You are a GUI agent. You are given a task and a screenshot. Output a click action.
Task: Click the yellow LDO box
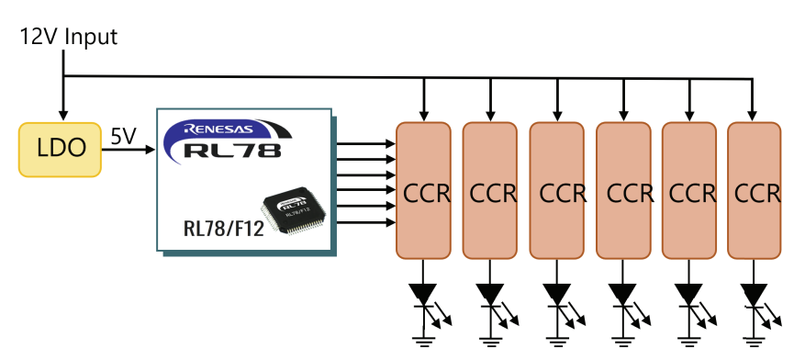[x=60, y=150]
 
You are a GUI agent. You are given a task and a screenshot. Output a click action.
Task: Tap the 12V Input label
[x=69, y=37]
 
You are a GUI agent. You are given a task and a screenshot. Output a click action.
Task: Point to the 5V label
[x=123, y=137]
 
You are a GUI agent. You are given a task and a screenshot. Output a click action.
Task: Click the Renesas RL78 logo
[x=228, y=141]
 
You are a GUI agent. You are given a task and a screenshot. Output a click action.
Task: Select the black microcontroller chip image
[x=296, y=212]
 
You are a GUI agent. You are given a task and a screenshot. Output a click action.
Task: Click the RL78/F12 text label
[x=224, y=228]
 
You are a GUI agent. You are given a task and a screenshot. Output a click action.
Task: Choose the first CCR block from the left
[x=423, y=190]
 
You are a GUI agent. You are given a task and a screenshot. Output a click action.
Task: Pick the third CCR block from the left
[x=557, y=190]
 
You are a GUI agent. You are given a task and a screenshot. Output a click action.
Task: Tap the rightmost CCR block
[x=755, y=190]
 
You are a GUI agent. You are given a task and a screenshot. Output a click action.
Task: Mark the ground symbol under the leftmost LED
[x=423, y=342]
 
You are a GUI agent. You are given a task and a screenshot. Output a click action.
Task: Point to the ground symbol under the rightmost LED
[x=754, y=342]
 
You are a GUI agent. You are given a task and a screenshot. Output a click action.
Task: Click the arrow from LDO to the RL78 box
[x=129, y=150]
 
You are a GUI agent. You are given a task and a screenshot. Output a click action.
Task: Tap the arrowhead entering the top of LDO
[x=63, y=115]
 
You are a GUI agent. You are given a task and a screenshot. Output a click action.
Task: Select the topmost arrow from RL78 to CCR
[x=366, y=144]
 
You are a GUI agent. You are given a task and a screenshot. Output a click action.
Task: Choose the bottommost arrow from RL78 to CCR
[x=366, y=222]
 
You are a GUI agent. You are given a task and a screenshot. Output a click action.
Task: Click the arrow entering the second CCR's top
[x=490, y=99]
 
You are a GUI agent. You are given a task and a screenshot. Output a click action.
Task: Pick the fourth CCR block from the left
[x=623, y=190]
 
